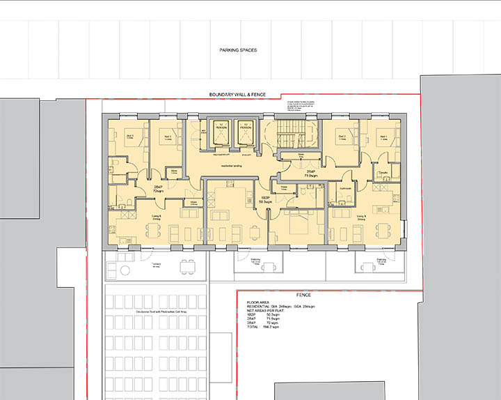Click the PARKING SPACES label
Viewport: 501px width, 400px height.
[239, 50]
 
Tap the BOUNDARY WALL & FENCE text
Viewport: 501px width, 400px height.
[239, 94]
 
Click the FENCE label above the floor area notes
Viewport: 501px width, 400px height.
[326, 295]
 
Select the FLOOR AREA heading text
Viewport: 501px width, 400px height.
[259, 302]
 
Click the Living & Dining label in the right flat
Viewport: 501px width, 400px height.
[361, 217]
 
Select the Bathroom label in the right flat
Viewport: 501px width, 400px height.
[344, 188]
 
